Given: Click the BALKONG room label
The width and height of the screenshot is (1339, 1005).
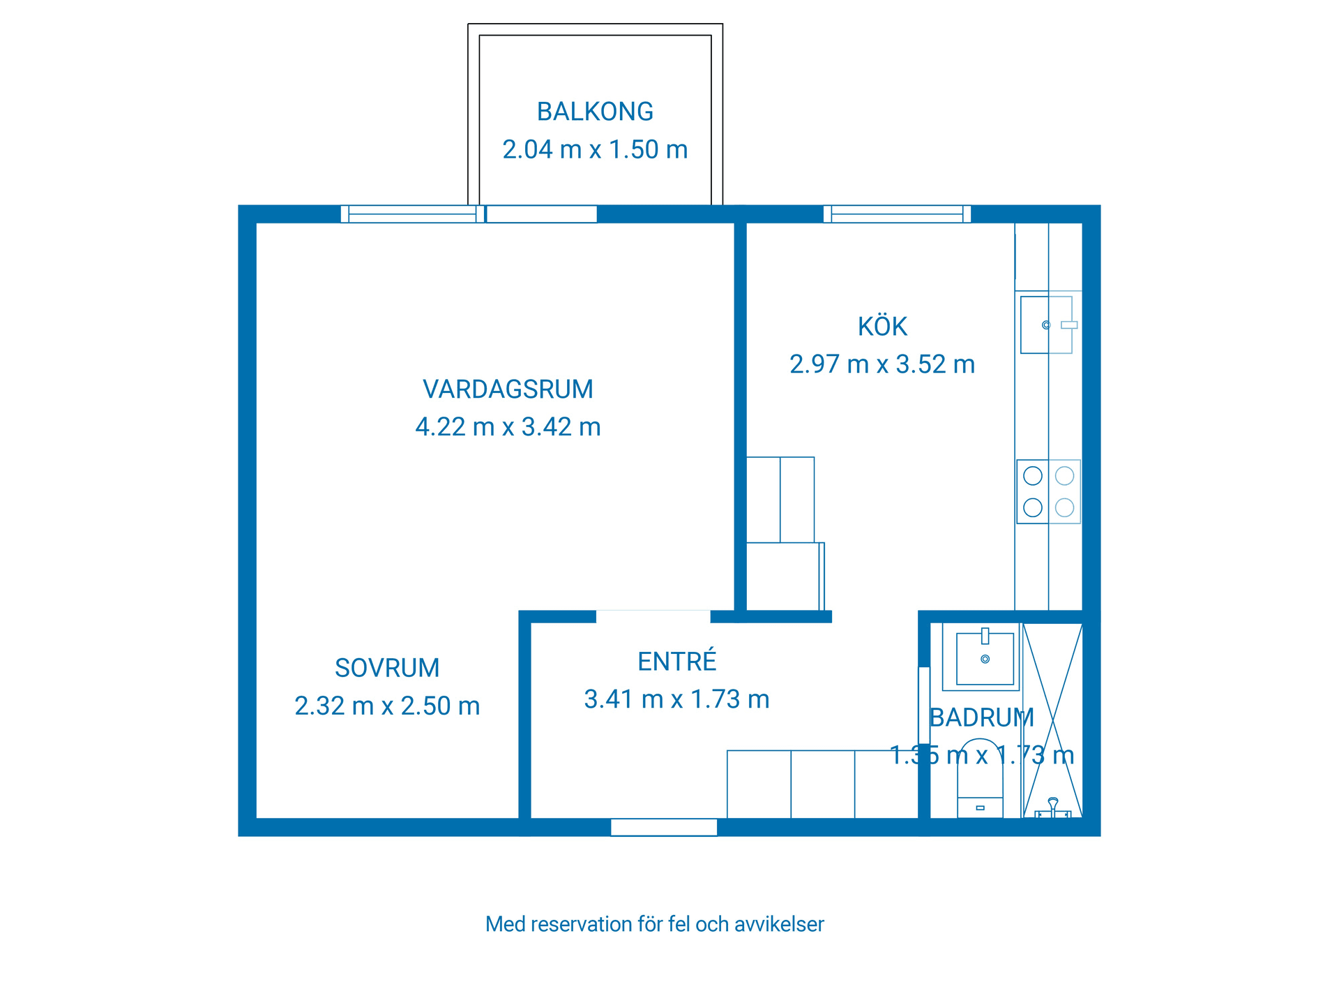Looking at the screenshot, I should click(595, 112).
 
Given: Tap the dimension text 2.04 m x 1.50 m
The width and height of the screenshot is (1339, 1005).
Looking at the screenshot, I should click(595, 149).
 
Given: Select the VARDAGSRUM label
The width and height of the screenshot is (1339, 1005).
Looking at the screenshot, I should click(508, 389).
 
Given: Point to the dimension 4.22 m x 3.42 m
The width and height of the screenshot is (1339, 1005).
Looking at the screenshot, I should click(508, 426).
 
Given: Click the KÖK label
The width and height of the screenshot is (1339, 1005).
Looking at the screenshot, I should click(882, 327).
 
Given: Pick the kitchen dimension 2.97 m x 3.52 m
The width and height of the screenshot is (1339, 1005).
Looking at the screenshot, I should click(882, 364).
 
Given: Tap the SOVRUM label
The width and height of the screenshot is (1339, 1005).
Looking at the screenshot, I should click(387, 668).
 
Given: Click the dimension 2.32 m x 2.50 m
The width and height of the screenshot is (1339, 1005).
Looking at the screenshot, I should click(387, 706).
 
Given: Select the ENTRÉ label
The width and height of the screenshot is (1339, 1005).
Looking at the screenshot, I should click(676, 662).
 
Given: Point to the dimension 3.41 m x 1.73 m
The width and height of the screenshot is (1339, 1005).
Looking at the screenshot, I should click(676, 699).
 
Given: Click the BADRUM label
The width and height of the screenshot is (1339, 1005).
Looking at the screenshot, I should click(981, 717).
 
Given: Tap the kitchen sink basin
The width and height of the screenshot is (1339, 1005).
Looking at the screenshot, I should click(1045, 325).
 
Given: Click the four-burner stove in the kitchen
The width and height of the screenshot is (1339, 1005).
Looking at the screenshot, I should click(1048, 491).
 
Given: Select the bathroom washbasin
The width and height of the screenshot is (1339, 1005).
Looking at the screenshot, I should click(985, 658).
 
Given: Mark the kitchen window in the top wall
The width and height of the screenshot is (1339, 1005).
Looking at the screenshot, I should click(897, 214).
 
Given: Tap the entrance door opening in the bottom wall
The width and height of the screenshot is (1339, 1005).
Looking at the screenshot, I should click(664, 827).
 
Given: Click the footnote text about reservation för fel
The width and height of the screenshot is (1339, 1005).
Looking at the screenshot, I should click(654, 924).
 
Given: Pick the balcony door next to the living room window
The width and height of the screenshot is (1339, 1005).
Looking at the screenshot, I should click(541, 214).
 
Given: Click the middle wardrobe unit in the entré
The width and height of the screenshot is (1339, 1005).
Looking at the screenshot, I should click(822, 784).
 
